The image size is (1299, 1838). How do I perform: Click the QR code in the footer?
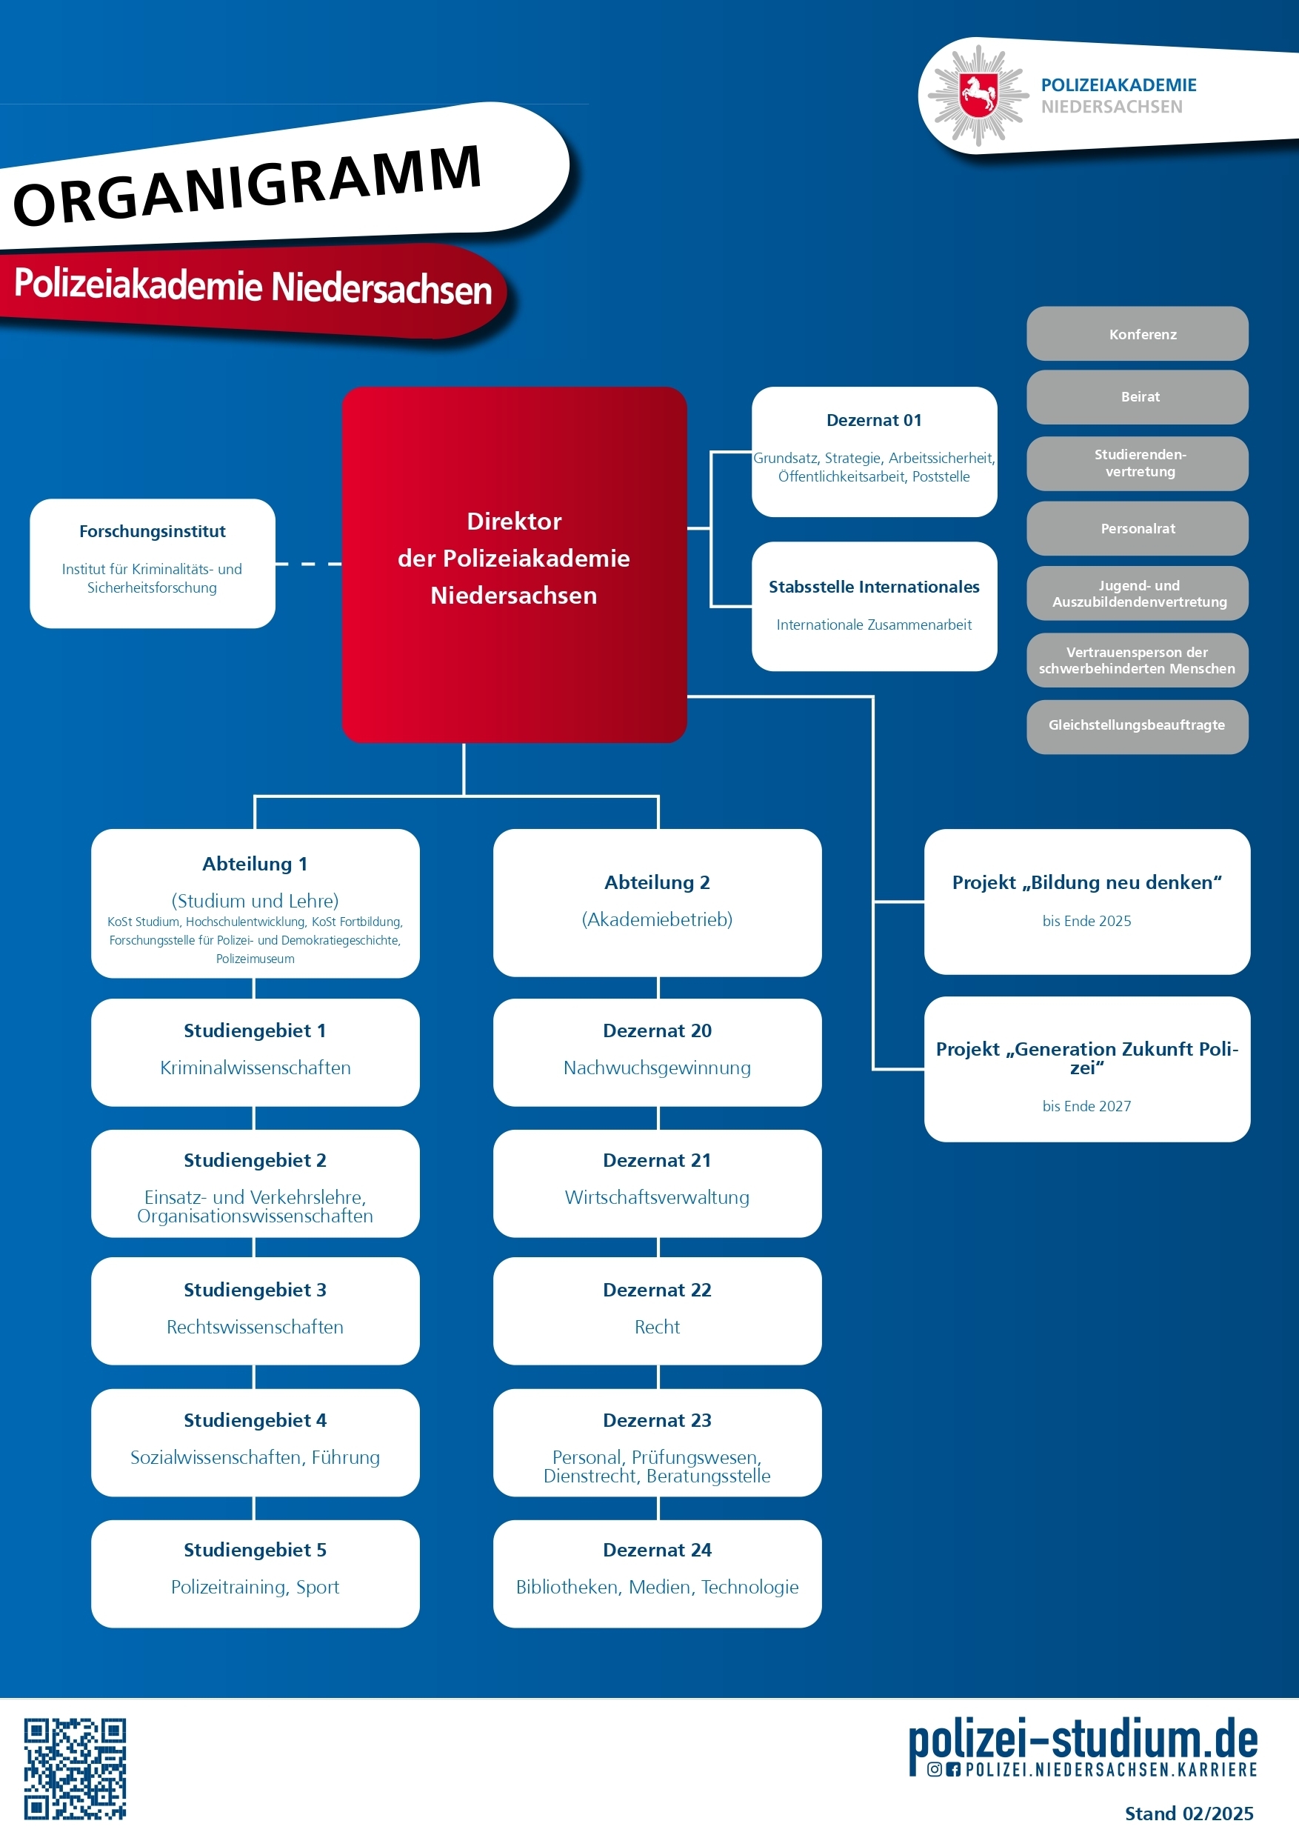tap(75, 1768)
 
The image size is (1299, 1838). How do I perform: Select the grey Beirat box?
tap(1137, 397)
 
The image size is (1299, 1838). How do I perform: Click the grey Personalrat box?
tap(1137, 528)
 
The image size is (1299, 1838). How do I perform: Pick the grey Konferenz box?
tap(1137, 335)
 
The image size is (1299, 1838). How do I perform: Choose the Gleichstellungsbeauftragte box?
tap(1137, 725)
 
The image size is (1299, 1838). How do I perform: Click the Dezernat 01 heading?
tap(874, 420)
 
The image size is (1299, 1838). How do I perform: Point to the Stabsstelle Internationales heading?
tap(874, 587)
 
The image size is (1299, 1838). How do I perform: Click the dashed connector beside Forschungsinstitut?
tap(308, 565)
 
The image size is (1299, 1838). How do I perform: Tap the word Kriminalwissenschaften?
tap(256, 1068)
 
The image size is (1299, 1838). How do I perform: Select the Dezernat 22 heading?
tap(657, 1290)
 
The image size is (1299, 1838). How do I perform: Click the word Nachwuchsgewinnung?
tap(657, 1068)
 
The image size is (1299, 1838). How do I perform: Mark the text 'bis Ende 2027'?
tap(1086, 1106)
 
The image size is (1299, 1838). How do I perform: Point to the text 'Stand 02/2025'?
tap(1189, 1814)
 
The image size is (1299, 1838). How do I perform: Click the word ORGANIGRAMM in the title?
tap(248, 184)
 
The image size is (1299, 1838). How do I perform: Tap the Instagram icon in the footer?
tap(934, 1769)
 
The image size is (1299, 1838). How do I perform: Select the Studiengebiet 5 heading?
tap(256, 1550)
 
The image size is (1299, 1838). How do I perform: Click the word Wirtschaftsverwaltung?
tap(657, 1198)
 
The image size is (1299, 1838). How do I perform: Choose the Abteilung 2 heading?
tap(657, 882)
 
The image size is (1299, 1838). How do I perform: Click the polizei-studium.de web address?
tap(1083, 1741)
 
